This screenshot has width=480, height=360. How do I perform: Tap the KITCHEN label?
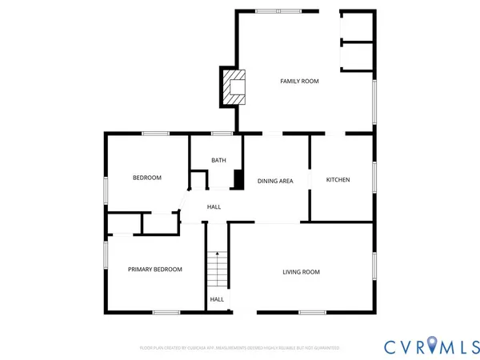(x=338, y=180)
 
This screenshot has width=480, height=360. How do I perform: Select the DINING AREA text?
(x=275, y=181)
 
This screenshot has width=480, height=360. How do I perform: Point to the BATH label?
(x=218, y=160)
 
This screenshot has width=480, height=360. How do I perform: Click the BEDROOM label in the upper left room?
(x=147, y=178)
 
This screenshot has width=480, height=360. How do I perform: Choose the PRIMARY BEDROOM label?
(x=155, y=270)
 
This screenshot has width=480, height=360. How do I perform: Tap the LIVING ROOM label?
(x=301, y=272)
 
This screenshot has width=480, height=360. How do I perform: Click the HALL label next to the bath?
(x=214, y=207)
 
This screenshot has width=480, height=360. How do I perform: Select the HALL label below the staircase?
(x=217, y=299)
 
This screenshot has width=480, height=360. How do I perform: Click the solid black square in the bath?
(x=238, y=179)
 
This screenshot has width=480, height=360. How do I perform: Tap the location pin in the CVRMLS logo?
(x=432, y=345)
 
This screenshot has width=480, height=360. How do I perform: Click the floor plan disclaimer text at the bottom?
(x=240, y=348)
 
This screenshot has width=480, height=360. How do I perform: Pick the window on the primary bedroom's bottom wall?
(x=166, y=312)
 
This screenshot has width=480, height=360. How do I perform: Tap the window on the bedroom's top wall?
(x=154, y=133)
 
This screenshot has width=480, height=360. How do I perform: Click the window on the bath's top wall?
(x=222, y=133)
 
